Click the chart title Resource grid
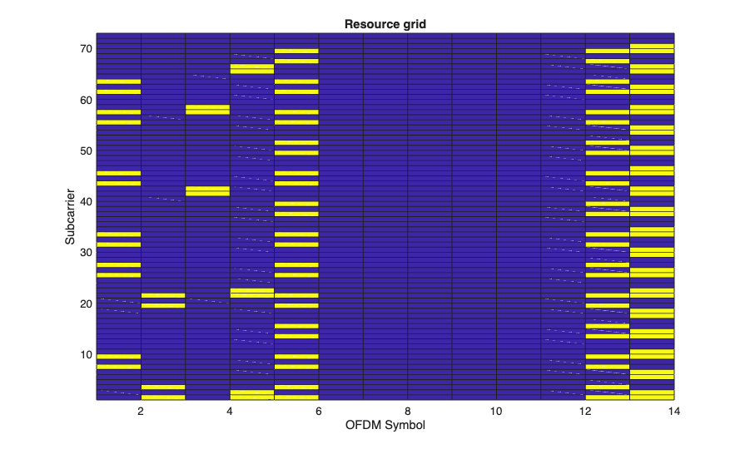click(385, 24)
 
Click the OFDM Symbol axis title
click(385, 426)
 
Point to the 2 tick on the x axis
click(141, 412)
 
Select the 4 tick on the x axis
click(230, 412)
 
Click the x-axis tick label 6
click(319, 412)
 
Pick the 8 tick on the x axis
click(407, 412)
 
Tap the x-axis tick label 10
click(496, 412)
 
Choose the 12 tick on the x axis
click(585, 412)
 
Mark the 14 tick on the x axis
click(673, 412)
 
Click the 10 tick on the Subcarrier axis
click(84, 355)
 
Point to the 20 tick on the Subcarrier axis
click(84, 304)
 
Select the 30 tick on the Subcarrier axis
click(84, 253)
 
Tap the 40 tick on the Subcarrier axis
click(84, 202)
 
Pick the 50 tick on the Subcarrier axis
click(84, 150)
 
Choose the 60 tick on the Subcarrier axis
click(84, 100)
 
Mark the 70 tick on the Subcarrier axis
click(84, 49)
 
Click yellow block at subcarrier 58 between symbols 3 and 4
click(207, 109)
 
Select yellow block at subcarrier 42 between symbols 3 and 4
click(207, 190)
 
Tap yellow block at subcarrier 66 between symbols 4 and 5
click(252, 68)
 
